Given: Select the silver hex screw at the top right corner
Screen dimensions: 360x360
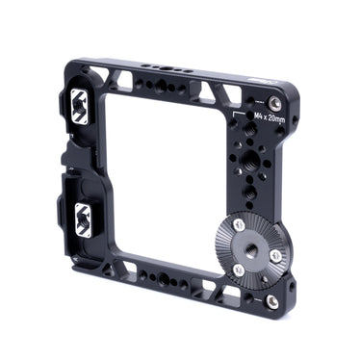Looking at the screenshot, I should (276, 99).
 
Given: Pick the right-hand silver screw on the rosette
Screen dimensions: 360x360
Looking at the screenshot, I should (275, 256).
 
